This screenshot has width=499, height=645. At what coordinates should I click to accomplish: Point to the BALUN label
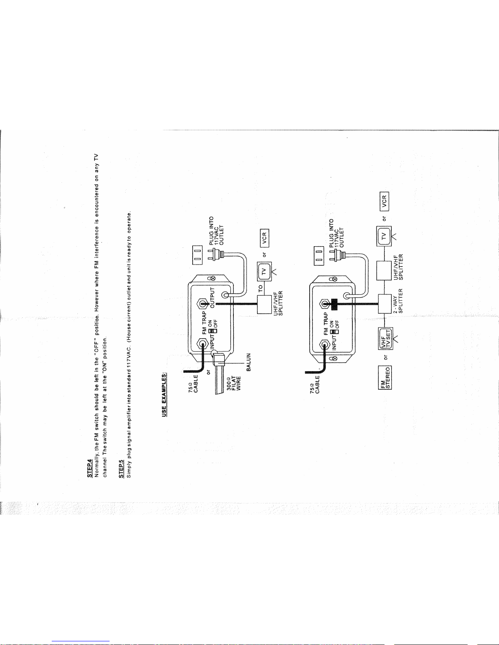click(248, 362)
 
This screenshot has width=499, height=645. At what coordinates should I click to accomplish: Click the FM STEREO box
click(385, 378)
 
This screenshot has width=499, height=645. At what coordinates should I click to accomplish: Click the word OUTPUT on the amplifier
click(212, 298)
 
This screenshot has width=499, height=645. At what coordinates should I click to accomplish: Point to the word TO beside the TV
click(260, 289)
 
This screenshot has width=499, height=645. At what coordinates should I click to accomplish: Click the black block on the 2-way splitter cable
click(334, 304)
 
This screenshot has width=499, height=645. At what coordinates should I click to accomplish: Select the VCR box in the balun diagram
click(264, 238)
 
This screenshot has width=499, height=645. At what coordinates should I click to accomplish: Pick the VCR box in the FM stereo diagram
click(385, 201)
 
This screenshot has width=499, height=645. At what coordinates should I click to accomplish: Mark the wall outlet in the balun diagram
click(198, 255)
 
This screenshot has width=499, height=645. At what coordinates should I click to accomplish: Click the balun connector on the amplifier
click(219, 358)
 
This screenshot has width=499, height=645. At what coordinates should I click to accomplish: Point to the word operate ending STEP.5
click(130, 221)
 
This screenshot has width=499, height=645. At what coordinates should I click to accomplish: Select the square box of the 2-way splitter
click(385, 304)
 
